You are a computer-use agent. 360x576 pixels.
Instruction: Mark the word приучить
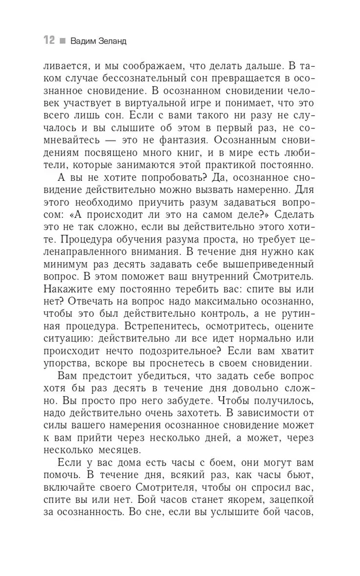158,217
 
